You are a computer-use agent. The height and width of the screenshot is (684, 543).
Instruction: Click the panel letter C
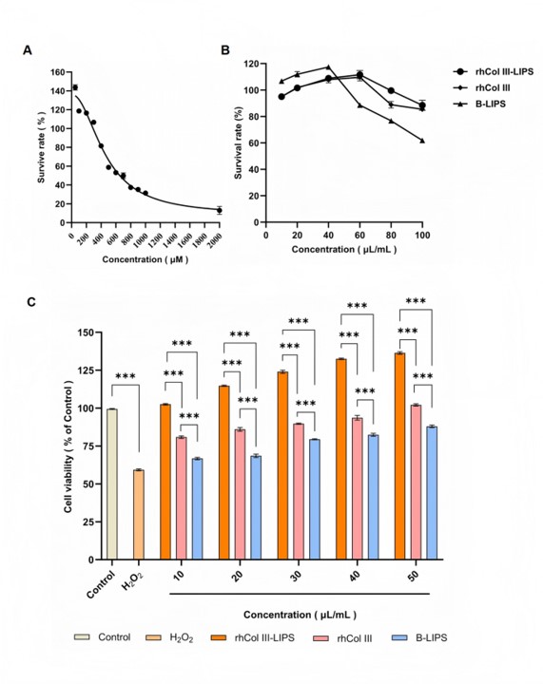pos(31,302)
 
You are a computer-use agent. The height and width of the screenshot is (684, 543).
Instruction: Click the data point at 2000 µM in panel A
pos(220,210)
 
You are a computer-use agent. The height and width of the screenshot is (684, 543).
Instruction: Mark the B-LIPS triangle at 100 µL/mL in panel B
pos(422,141)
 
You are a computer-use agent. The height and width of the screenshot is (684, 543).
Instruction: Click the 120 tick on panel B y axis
pos(253,64)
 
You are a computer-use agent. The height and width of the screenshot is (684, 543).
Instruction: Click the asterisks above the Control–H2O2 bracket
pos(126,376)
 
